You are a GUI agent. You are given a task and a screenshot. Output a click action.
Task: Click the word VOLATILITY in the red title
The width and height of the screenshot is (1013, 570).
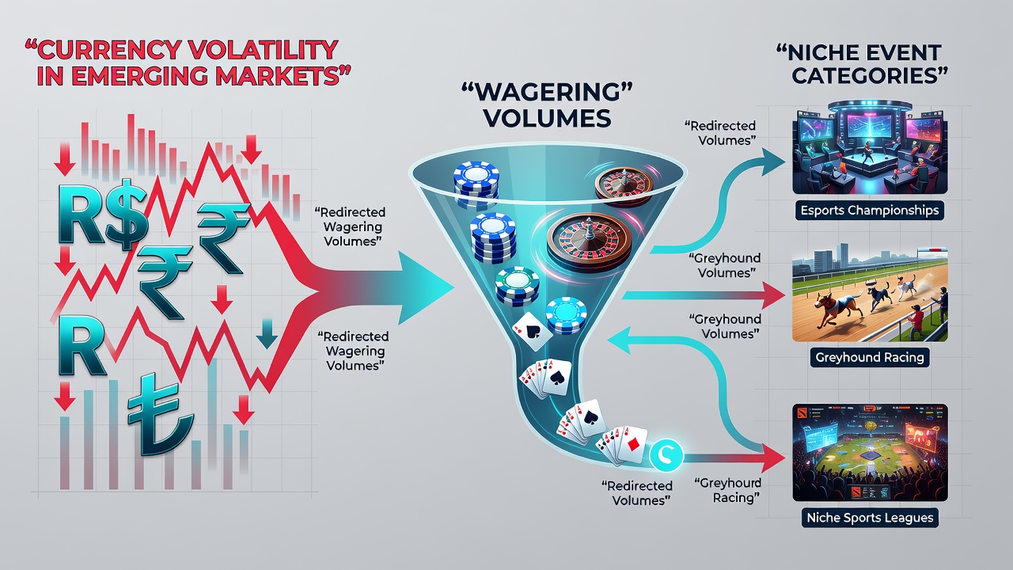(261, 50)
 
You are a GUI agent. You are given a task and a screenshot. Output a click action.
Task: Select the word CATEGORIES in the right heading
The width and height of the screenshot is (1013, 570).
(863, 75)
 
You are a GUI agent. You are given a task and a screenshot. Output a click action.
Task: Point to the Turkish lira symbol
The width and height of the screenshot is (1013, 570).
(160, 414)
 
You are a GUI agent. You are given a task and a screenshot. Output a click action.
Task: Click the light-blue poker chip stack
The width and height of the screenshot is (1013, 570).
(566, 315)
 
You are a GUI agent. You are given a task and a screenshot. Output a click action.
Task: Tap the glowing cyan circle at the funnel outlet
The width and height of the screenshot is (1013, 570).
(666, 454)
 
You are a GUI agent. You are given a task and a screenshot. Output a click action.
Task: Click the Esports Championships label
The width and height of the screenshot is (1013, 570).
(870, 211)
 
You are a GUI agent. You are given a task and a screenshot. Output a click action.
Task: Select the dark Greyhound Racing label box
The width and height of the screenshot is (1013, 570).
(870, 357)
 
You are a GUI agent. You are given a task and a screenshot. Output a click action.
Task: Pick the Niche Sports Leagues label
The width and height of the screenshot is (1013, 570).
(870, 518)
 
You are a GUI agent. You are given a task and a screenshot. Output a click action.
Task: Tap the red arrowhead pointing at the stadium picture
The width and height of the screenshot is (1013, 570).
(773, 458)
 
